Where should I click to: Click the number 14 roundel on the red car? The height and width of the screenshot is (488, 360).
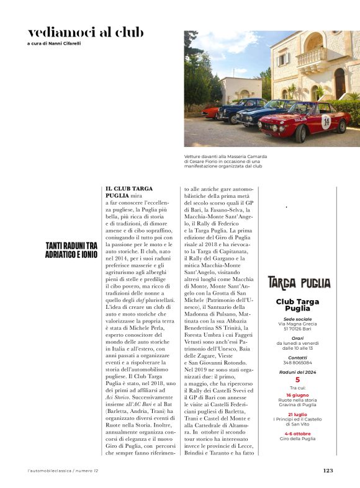click(x=326, y=122)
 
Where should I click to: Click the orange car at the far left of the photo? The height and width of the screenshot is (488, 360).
click(x=211, y=111)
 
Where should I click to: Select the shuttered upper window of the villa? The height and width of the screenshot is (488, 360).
click(x=282, y=60)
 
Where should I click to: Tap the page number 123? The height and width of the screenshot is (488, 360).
click(x=328, y=470)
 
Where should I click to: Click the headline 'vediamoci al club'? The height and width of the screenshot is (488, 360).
click(x=86, y=32)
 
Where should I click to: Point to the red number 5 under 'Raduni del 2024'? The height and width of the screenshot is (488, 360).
click(x=297, y=379)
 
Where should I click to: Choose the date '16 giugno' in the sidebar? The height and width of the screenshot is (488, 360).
click(x=297, y=394)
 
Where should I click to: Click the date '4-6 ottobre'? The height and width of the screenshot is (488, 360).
click(x=297, y=433)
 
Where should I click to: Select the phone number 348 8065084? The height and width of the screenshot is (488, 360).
click(x=297, y=363)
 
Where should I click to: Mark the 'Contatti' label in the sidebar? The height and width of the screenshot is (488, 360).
click(x=297, y=358)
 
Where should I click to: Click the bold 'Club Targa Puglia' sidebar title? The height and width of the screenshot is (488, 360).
click(x=297, y=304)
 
